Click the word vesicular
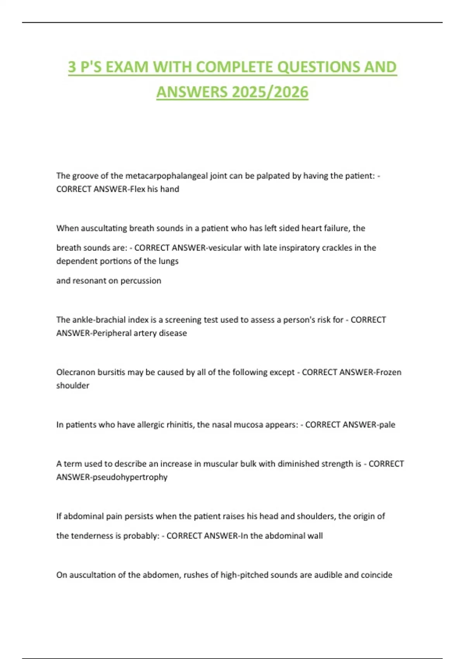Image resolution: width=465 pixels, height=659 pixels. click(225, 248)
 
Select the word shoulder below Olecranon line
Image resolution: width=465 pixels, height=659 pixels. click(72, 385)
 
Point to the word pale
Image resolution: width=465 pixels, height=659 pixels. click(387, 424)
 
